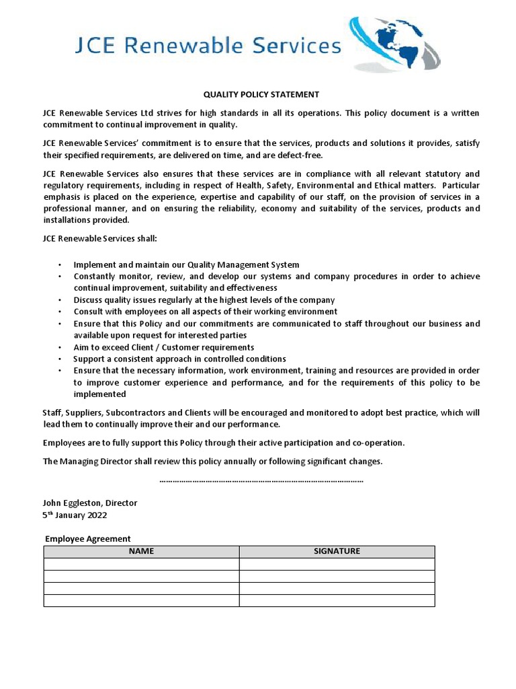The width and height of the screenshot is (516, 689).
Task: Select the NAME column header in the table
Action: tap(141, 551)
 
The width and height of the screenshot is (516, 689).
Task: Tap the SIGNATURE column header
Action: tap(337, 551)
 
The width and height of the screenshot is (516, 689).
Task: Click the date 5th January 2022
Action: tap(75, 515)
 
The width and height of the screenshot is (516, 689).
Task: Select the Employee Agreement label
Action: tap(87, 538)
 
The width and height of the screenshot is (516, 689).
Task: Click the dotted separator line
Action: tap(261, 480)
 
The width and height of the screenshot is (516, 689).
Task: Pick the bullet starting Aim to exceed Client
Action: tap(163, 347)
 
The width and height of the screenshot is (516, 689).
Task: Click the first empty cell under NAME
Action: tap(141, 564)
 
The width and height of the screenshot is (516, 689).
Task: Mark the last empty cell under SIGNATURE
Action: tap(337, 600)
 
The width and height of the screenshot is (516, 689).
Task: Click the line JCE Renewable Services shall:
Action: tap(99, 239)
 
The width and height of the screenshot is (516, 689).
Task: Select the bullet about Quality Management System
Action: tap(186, 265)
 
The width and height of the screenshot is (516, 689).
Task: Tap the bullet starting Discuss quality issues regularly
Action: tap(204, 300)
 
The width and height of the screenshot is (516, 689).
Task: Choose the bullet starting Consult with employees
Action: tap(205, 312)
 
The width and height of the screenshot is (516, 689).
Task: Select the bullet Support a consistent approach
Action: tap(179, 359)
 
